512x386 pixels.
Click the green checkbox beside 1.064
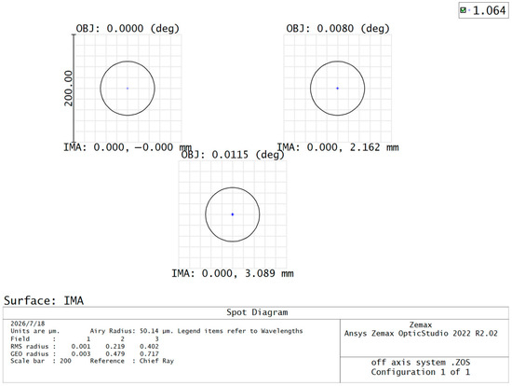coord(463,10)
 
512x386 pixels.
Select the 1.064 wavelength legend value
coord(489,11)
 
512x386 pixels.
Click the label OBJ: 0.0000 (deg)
coord(128,29)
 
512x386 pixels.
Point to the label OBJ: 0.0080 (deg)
coord(338,29)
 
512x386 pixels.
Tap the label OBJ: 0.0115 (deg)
coord(233,155)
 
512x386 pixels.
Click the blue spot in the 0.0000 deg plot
coord(128,89)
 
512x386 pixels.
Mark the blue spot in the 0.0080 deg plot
coord(337,89)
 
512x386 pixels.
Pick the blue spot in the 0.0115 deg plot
coord(233,214)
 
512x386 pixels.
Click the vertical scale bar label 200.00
coord(69,89)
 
